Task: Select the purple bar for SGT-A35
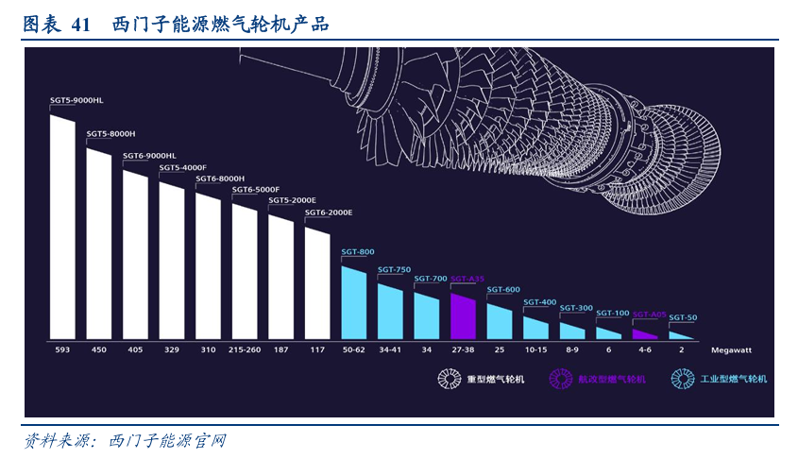pyautogui.click(x=462, y=316)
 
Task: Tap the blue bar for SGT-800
pyautogui.click(x=353, y=303)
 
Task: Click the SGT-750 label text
pyautogui.click(x=394, y=270)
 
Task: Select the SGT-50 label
pyautogui.click(x=683, y=317)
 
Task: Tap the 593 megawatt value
pyautogui.click(x=62, y=349)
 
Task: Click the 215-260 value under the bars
pyautogui.click(x=245, y=349)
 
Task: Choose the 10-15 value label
pyautogui.click(x=535, y=349)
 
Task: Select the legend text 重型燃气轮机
pyautogui.click(x=495, y=380)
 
